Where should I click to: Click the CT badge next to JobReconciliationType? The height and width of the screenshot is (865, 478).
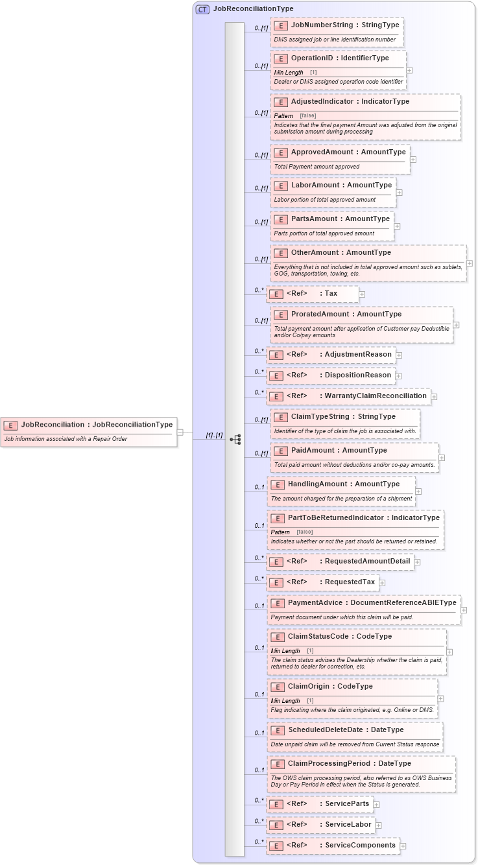click(x=202, y=9)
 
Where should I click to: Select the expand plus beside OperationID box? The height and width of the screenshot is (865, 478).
click(x=409, y=70)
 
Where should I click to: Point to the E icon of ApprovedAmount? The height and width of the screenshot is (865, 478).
click(x=280, y=152)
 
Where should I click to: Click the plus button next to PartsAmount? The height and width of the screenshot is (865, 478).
click(x=397, y=226)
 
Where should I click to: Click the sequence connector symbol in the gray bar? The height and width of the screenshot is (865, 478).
click(x=235, y=439)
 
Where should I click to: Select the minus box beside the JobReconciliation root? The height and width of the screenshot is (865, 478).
click(x=180, y=432)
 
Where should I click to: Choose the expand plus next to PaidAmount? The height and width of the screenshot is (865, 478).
click(x=442, y=458)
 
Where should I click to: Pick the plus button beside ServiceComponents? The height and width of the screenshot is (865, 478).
click(x=403, y=846)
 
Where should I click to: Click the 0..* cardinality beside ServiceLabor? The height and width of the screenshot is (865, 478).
click(x=259, y=822)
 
